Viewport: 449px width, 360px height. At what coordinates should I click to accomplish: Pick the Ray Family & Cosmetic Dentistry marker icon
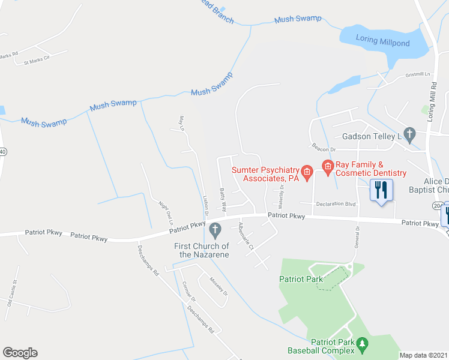coord(328,166)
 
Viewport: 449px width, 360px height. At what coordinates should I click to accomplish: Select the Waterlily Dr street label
coord(281,195)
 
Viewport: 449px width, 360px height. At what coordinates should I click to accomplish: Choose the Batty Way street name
coord(223,200)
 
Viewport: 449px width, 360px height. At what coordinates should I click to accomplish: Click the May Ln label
coord(181,123)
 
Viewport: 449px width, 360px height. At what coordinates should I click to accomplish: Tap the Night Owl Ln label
coord(165,211)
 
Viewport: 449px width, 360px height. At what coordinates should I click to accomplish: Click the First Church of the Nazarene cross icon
coord(214,229)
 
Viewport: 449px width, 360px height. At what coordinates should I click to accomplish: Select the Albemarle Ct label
coord(247,235)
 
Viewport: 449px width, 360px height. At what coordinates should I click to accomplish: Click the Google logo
coord(20,352)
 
